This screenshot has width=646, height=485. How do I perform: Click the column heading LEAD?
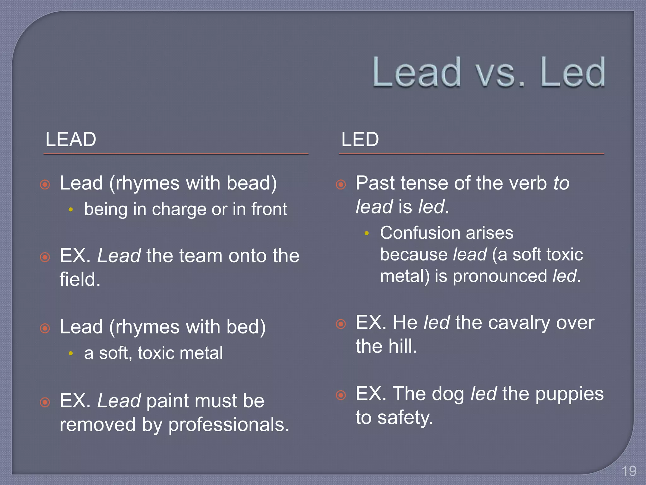71,139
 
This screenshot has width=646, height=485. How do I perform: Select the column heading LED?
360,139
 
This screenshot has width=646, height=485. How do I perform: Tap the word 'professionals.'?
229,425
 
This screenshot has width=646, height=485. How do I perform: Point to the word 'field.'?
80,280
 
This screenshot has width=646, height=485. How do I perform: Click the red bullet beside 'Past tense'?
341,184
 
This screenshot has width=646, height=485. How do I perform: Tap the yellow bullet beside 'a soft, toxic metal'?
71,353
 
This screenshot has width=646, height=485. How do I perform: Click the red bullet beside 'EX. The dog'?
341,395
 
